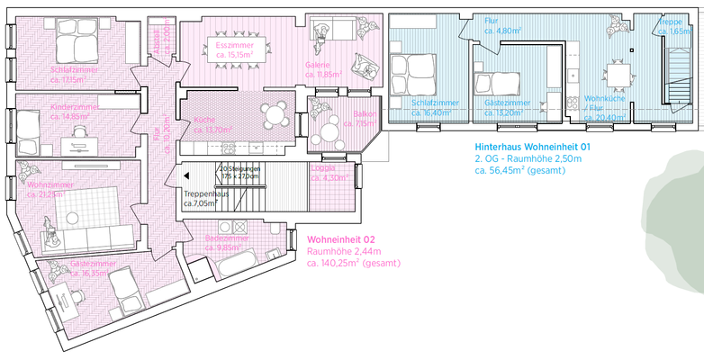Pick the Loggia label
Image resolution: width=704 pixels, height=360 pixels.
[x=322, y=167]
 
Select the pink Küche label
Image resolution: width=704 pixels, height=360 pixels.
[x=204, y=121]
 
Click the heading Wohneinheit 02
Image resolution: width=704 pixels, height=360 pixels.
[x=339, y=240]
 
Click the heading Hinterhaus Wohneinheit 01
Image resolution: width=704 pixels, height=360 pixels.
[x=532, y=146]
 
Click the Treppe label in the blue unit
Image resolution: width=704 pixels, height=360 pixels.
[x=671, y=22]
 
